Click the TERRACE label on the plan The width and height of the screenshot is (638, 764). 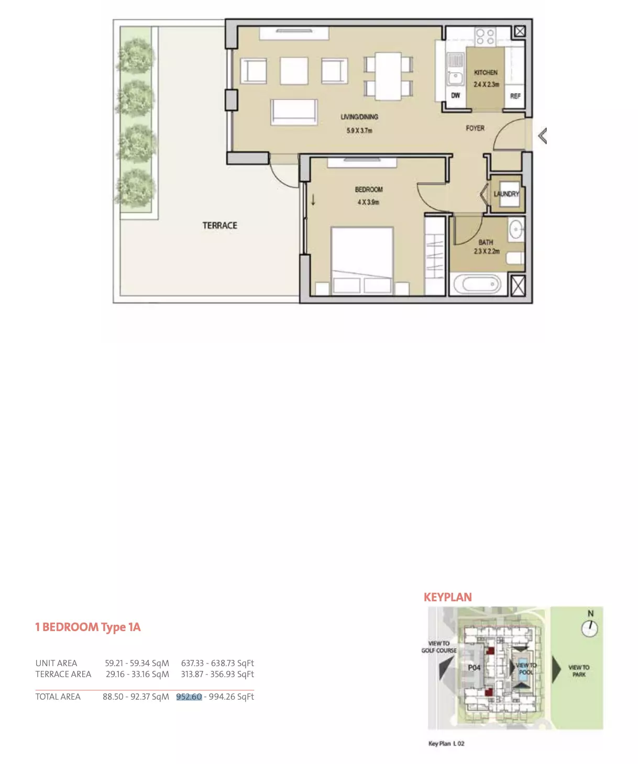(220, 225)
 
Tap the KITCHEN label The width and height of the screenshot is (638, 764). (486, 72)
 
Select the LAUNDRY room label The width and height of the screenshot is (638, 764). (506, 194)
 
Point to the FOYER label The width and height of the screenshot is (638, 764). (475, 128)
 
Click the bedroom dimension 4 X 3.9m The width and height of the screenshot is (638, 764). (368, 202)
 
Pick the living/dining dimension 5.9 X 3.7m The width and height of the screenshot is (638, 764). (359, 130)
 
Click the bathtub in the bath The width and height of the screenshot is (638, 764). (477, 284)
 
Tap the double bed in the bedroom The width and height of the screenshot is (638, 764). (362, 261)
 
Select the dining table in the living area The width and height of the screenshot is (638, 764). (388, 76)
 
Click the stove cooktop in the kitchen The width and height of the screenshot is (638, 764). (485, 37)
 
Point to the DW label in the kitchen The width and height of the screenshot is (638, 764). (455, 95)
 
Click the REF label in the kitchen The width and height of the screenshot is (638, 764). (515, 96)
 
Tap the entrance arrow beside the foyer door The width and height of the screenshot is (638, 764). (543, 136)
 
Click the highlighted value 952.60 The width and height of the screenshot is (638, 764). (189, 696)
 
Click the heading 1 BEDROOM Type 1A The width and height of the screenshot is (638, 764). (88, 627)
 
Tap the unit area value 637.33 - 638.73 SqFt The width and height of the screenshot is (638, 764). (217, 663)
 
